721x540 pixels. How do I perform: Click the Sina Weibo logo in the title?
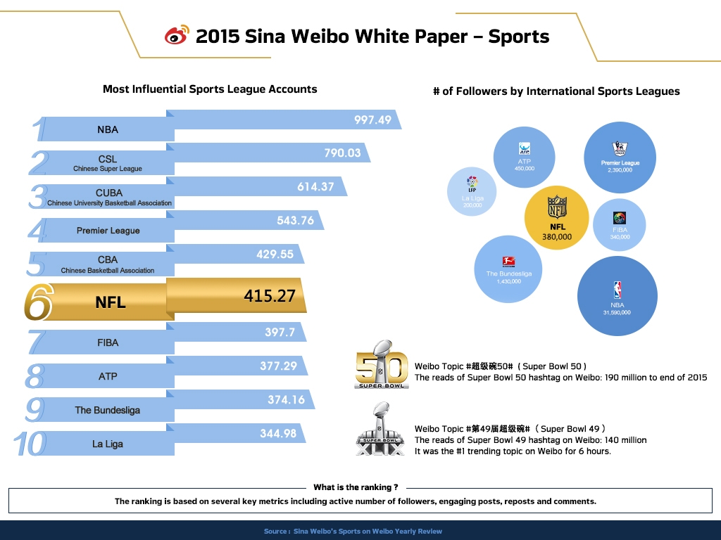click(x=177, y=35)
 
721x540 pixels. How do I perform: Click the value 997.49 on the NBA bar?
click(x=372, y=120)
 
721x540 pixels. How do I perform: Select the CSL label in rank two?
click(x=108, y=159)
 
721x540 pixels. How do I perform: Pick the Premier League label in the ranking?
click(x=108, y=231)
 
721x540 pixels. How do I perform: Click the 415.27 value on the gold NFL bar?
click(x=270, y=296)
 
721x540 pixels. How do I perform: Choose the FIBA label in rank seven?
click(x=108, y=343)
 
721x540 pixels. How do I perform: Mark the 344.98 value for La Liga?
click(x=278, y=434)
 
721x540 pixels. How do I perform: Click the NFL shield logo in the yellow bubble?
click(x=558, y=208)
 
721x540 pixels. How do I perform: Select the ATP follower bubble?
click(x=525, y=157)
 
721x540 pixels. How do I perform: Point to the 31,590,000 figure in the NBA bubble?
click(x=617, y=313)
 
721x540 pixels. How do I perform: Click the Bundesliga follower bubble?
click(x=508, y=269)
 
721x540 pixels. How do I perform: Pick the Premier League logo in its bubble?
click(x=620, y=149)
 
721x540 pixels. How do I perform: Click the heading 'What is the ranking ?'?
click(x=356, y=487)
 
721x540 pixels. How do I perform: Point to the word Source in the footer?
click(x=275, y=532)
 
